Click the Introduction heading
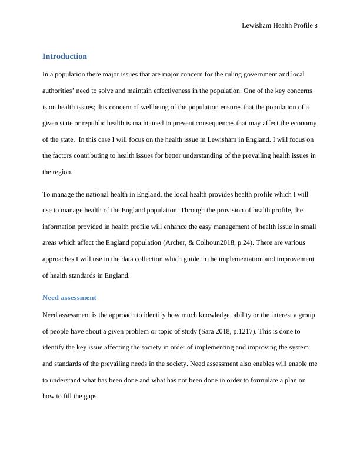tap(65, 56)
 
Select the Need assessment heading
tap(69, 298)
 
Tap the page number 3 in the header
tap(316, 26)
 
